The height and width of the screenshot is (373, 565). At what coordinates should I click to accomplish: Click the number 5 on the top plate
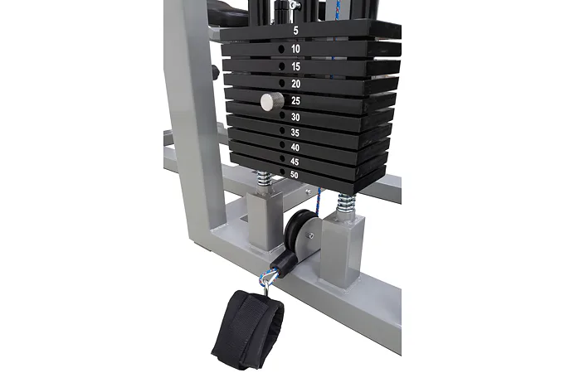296,31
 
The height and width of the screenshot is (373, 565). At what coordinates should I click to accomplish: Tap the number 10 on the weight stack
295,49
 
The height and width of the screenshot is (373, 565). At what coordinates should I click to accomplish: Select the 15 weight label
296,66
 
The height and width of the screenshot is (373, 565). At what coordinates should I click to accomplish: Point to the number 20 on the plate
296,84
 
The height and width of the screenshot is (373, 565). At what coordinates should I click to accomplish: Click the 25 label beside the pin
296,101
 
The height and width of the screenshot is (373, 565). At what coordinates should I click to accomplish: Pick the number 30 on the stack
295,117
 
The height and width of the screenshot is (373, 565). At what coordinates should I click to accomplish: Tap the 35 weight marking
295,133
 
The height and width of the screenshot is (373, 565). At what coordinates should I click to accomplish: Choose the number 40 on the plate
295,148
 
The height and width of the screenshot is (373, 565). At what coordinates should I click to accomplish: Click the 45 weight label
295,162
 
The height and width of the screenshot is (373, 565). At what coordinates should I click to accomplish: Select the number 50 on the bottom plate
295,175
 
